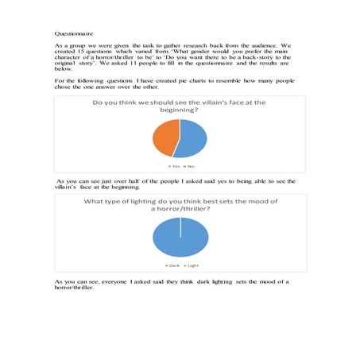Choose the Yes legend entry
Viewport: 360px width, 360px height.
click(173, 165)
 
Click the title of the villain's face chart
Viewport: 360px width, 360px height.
click(180, 107)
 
